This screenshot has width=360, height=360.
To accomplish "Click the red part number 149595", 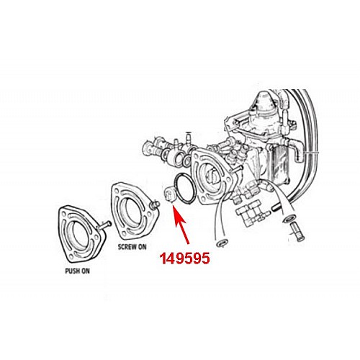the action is (185, 258).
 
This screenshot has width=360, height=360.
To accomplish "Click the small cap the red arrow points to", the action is (168, 194).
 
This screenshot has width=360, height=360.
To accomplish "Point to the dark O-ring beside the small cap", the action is (185, 189).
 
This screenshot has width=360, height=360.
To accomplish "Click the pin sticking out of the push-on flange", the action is (104, 225).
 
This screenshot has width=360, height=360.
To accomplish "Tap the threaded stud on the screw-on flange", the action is (154, 205).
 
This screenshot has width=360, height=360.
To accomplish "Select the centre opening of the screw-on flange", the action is (130, 212).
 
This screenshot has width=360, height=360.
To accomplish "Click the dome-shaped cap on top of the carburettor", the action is (264, 102).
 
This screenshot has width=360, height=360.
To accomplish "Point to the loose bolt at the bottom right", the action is (297, 233).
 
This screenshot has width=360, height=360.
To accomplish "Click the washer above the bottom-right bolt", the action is (289, 218).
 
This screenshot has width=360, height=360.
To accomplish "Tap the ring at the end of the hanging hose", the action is (221, 243).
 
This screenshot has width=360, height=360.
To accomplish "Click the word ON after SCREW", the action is (142, 247).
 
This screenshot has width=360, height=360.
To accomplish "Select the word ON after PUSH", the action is (84, 271).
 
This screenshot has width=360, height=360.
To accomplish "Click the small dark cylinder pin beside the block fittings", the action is (277, 207).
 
